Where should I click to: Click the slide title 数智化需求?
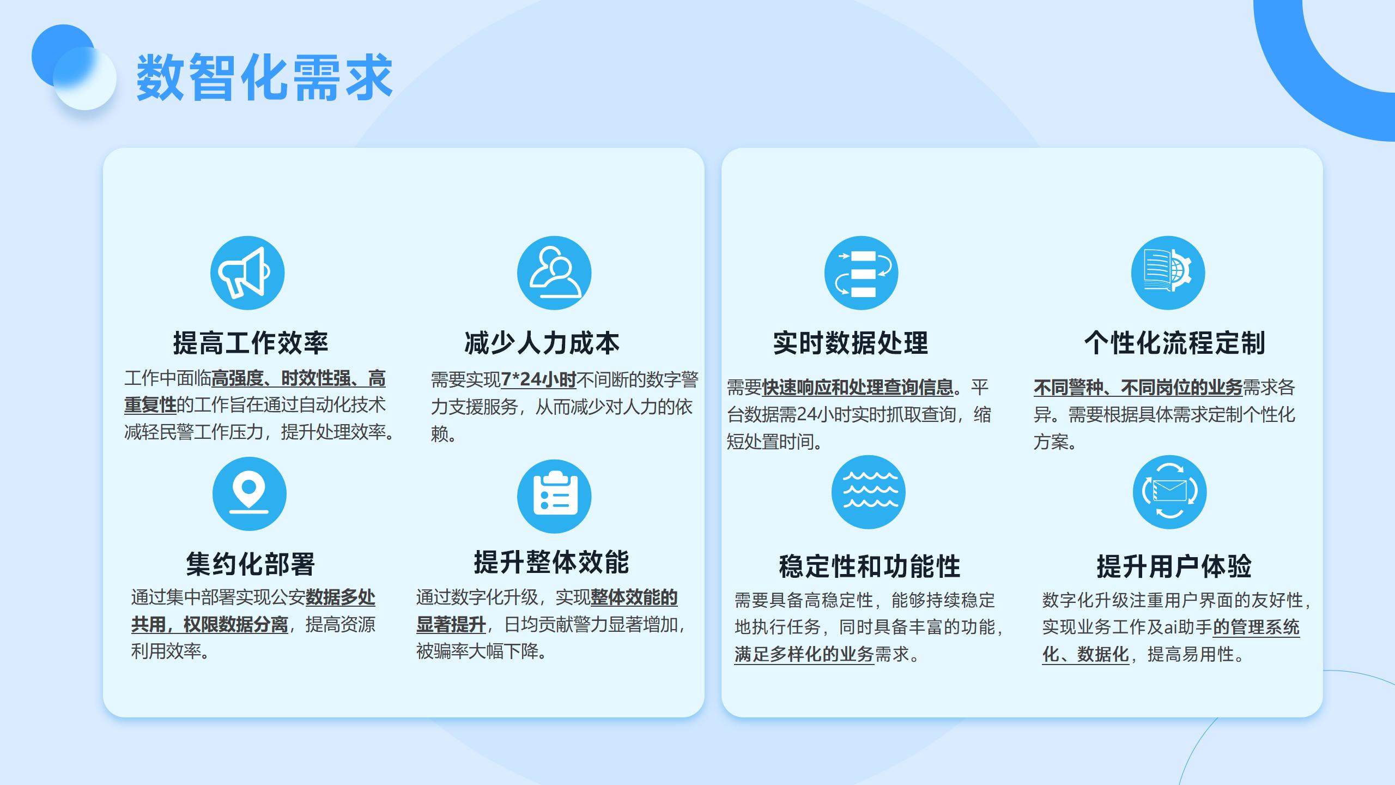[264, 77]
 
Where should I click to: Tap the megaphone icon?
[247, 273]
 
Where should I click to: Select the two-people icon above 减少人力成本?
[554, 273]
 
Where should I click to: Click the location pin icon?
[250, 493]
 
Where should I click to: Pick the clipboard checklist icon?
[554, 496]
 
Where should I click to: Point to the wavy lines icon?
[869, 492]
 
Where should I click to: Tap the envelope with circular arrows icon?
[1169, 492]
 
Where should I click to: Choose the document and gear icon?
[1168, 273]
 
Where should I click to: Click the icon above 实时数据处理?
[862, 273]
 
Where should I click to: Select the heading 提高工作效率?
[251, 343]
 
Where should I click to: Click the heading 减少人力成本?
[542, 343]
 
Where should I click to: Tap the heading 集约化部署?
[251, 564]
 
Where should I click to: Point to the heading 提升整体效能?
[551, 562]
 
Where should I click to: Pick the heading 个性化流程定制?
[1175, 343]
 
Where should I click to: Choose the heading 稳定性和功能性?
[870, 566]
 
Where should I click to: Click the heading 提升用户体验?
[1174, 566]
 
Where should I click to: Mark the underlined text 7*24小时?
[538, 379]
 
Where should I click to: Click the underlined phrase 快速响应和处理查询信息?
[858, 388]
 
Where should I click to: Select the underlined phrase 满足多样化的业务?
[804, 654]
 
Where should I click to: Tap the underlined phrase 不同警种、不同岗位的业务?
[1138, 388]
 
